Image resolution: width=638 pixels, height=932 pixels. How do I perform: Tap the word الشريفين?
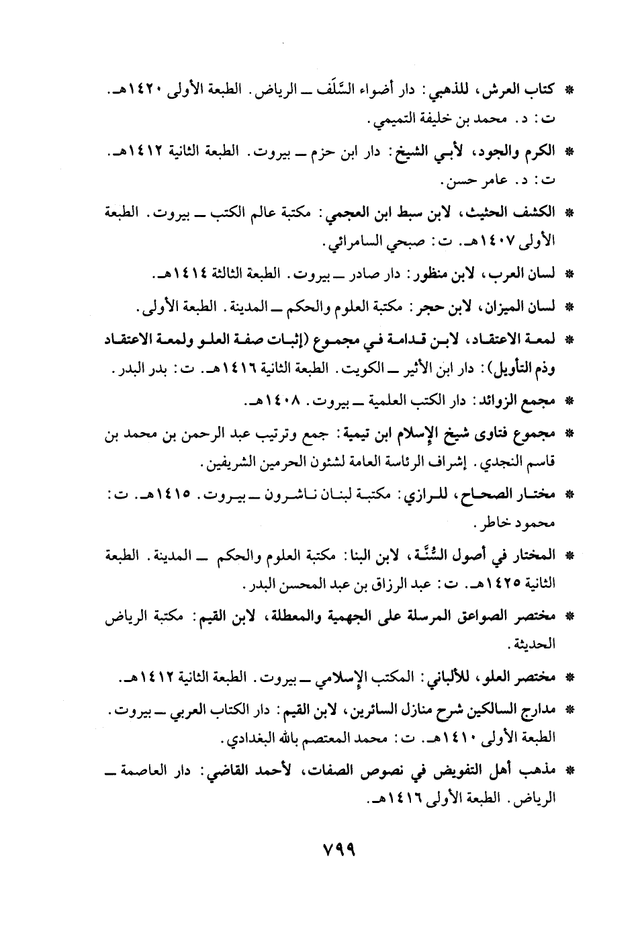click(223, 464)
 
